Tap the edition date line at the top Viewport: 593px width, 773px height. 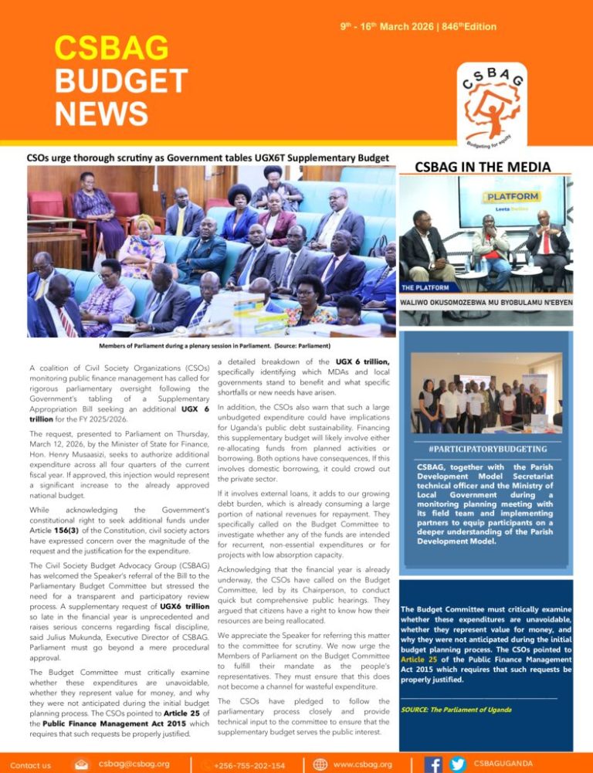pyautogui.click(x=418, y=27)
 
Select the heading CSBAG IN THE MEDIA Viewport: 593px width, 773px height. pyautogui.click(x=483, y=167)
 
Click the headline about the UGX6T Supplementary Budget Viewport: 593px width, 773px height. pyautogui.click(x=207, y=158)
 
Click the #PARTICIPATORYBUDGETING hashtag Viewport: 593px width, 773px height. pyautogui.click(x=486, y=448)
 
